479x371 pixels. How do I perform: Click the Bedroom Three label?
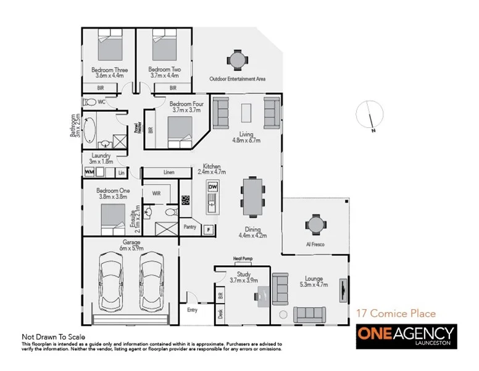pos(109,70)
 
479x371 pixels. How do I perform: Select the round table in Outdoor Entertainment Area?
pos(237,60)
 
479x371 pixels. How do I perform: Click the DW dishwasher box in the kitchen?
pos(212,187)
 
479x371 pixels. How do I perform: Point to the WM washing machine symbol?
pos(89,171)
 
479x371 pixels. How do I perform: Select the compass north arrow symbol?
pos(371,118)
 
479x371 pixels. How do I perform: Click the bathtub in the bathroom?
pos(91,130)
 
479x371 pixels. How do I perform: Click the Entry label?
pos(193,309)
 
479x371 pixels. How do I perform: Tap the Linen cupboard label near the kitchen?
pos(169,172)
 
